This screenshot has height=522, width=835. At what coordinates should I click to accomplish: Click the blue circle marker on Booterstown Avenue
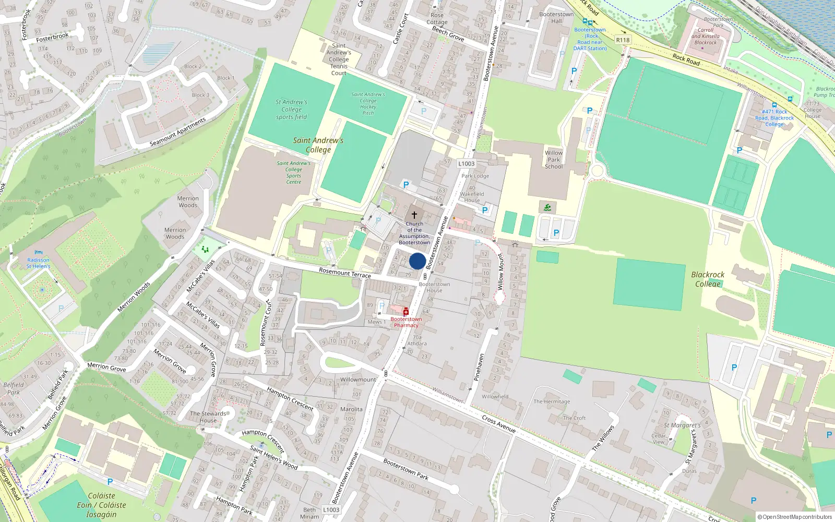pos(417,261)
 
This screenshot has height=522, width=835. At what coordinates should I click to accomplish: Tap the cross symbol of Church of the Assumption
pos(414,215)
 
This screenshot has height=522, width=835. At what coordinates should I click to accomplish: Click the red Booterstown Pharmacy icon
pos(406,312)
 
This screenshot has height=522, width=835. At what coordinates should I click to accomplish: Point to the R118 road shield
pos(623,40)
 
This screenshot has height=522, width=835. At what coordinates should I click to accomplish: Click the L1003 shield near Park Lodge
pos(467,163)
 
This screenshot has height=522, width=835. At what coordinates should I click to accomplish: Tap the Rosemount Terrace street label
pos(345,272)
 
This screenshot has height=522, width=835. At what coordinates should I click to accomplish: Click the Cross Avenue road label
pos(499,423)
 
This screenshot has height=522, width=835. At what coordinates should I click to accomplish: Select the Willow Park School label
pos(554,160)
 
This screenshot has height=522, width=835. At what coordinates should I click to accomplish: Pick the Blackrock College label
pos(708,279)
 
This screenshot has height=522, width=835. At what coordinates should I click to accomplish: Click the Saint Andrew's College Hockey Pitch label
pos(368,103)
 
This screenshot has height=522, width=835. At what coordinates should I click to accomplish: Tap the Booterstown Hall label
pos(556,18)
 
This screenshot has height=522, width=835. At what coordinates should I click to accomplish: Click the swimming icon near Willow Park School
pos(547,207)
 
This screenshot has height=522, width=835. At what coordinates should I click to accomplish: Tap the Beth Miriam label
pos(309,513)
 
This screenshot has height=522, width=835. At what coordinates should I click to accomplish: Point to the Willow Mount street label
pos(500,271)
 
